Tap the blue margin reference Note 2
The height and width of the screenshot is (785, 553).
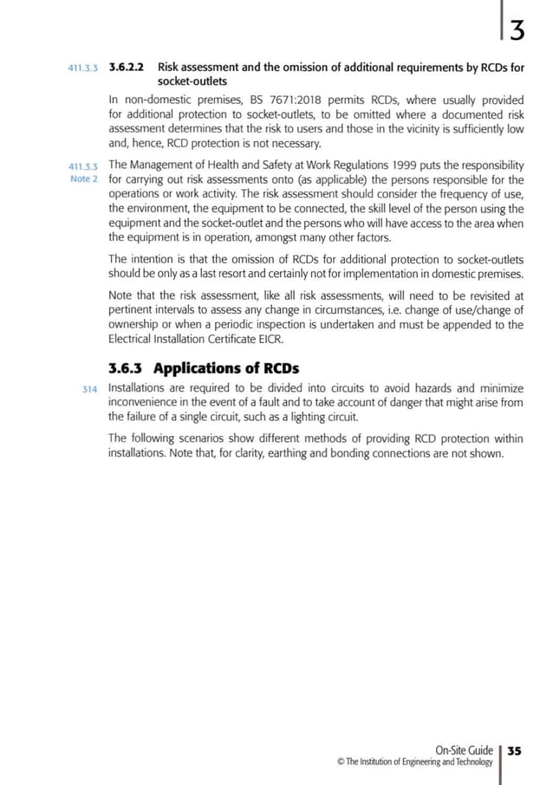tap(84, 179)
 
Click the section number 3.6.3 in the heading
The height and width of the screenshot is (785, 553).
tap(133, 367)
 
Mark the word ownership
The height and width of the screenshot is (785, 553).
tap(135, 325)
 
